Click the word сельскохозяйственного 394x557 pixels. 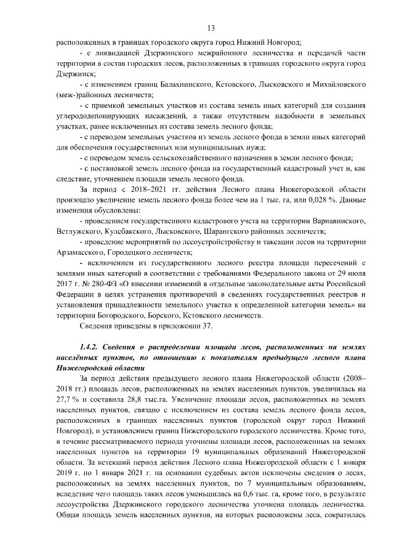pyautogui.click(x=174, y=158)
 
